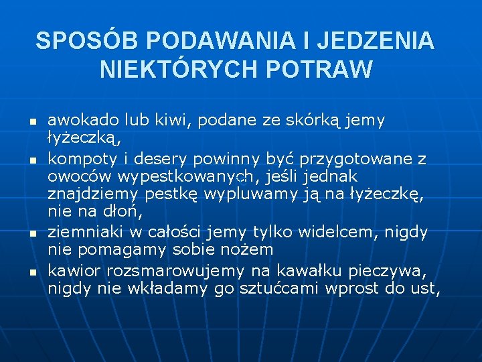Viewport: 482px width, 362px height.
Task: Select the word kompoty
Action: coord(81,160)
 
